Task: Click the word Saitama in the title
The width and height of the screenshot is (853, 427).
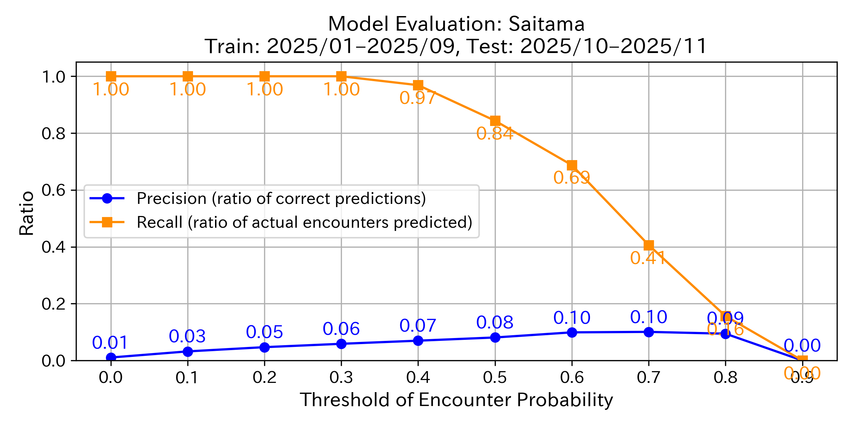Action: point(547,24)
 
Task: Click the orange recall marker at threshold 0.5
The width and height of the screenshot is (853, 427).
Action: point(495,121)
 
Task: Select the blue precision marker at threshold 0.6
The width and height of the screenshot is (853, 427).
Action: point(572,332)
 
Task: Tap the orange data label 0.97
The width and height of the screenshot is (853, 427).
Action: point(418,98)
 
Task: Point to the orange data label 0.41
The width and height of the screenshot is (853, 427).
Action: point(648,258)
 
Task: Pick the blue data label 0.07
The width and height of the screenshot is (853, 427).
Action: point(418,326)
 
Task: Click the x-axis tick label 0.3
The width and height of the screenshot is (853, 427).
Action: point(341,378)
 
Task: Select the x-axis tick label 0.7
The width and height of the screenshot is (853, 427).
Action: point(649,378)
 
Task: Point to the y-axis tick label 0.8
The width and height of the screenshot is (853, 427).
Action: point(53,133)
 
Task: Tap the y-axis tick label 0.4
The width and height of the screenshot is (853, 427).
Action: point(53,247)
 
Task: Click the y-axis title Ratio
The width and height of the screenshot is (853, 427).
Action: point(27,213)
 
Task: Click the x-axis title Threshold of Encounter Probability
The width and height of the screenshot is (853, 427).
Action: point(456,400)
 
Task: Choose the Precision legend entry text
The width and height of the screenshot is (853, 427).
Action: point(281,199)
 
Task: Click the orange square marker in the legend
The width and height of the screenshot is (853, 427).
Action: point(107,222)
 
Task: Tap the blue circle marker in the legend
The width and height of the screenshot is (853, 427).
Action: point(107,199)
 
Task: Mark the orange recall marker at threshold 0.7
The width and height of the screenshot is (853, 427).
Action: point(649,245)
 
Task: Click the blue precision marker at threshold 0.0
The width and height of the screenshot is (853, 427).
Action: point(111,357)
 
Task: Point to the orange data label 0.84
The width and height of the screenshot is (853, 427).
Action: point(495,134)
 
